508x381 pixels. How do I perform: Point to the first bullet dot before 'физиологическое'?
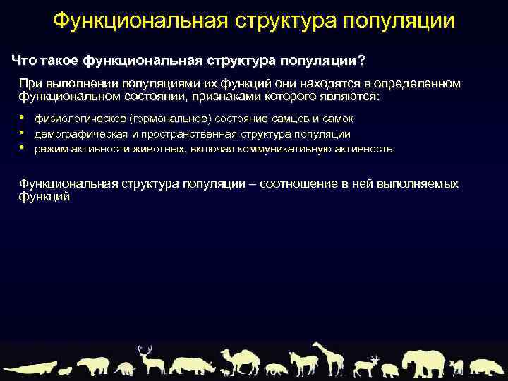coord(23,118)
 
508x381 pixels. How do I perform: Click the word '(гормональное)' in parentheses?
coord(175,119)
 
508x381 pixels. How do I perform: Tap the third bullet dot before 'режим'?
coord(23,147)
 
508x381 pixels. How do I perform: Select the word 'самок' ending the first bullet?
coord(338,119)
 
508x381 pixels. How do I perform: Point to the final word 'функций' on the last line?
coord(44,198)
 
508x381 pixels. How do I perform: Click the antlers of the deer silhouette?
coord(145,350)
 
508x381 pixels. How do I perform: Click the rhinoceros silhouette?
coord(190,365)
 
